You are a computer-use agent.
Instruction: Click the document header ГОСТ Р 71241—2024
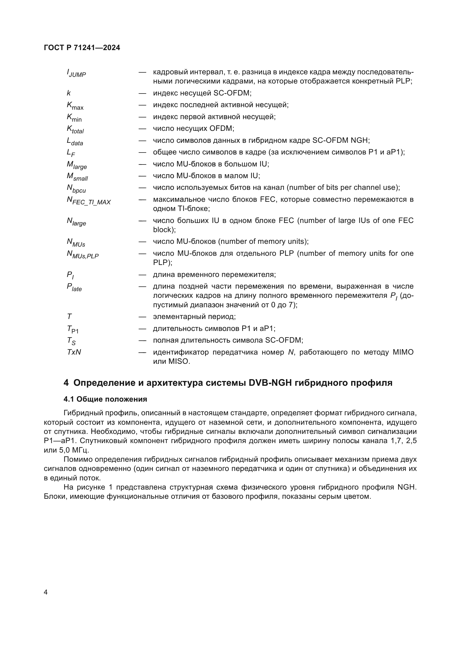82,48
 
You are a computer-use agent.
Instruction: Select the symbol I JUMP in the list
76,73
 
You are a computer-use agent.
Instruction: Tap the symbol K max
75,106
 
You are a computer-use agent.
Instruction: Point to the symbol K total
75,129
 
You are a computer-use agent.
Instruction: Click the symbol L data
75,141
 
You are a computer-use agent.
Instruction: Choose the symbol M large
77,165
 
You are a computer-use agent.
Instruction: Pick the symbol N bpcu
76,188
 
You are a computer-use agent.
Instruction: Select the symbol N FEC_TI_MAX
89,200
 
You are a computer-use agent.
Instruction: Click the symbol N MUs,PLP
83,254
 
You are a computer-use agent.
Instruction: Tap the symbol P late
74,287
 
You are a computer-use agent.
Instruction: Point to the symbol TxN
74,352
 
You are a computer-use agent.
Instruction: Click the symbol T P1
73,329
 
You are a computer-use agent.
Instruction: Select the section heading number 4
66,383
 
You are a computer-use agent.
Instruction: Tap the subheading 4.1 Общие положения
105,399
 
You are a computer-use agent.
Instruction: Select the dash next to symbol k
142,93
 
